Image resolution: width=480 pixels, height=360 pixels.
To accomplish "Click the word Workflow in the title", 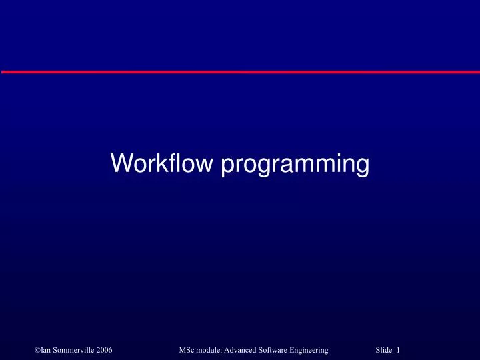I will click(163, 163).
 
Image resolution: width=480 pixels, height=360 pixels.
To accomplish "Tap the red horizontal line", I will click(240, 71).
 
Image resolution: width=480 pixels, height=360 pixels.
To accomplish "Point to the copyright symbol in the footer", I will click(37, 350).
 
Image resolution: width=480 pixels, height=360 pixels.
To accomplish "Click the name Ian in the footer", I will click(45, 350).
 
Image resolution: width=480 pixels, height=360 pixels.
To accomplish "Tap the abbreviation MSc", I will click(187, 350).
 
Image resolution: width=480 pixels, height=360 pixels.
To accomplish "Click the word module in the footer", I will click(210, 350).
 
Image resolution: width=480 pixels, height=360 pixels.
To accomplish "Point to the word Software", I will click(279, 350).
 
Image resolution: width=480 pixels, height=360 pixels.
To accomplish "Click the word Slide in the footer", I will click(384, 350).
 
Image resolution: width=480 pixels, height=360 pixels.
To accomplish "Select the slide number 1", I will click(397, 350).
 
